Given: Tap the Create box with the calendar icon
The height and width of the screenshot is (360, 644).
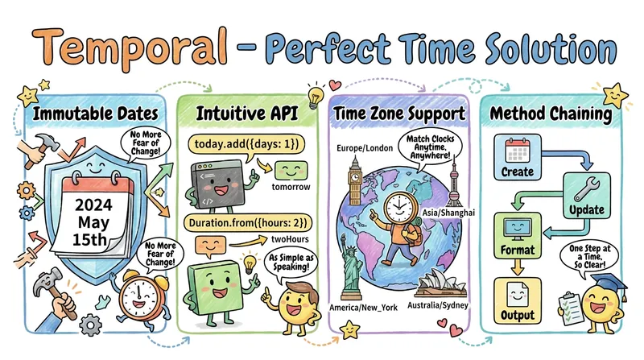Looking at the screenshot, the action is click(x=517, y=157).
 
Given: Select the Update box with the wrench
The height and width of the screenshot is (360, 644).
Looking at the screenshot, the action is click(x=587, y=196).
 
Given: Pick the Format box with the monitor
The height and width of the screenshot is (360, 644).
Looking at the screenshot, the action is click(x=518, y=235).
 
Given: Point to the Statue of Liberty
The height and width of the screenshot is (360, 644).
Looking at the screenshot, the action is click(x=351, y=272).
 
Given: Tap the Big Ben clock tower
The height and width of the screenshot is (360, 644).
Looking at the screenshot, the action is click(x=355, y=181).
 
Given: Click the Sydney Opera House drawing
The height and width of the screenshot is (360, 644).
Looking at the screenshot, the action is click(x=440, y=283).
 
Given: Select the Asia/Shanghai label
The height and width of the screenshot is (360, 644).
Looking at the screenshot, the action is click(x=448, y=213).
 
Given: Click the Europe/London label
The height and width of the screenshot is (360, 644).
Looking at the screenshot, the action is click(x=365, y=148).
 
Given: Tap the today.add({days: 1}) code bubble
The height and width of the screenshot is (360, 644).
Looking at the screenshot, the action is click(x=246, y=144).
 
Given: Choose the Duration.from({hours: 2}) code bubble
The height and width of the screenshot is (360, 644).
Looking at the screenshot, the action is click(x=248, y=223).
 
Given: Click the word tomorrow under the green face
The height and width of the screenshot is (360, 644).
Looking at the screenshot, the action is click(x=291, y=187).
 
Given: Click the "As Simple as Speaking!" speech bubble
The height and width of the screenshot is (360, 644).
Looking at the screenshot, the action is click(x=291, y=263).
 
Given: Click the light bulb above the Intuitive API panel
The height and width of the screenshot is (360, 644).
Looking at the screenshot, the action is click(x=315, y=96).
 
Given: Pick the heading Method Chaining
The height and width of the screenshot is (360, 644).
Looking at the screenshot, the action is click(x=551, y=114).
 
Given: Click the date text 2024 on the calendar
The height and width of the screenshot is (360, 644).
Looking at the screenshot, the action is click(x=93, y=205).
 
